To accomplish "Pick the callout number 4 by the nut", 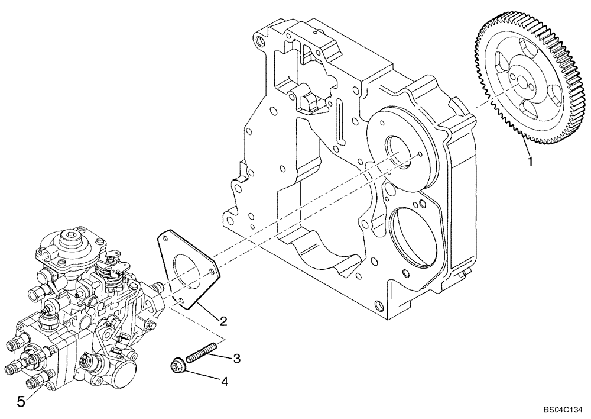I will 225,382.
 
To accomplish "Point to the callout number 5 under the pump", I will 21,402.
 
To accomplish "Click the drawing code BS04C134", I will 563,409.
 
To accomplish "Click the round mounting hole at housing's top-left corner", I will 259,41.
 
